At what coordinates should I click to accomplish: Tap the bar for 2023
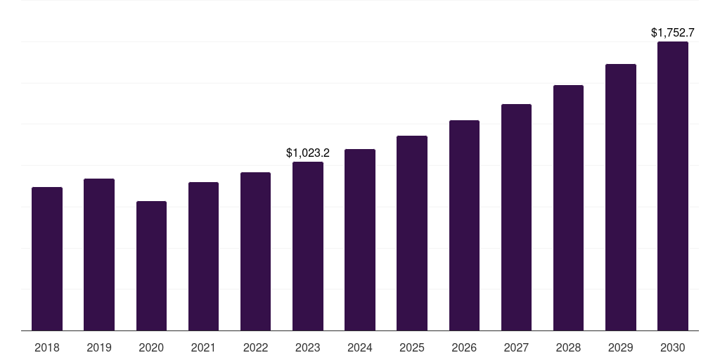308,246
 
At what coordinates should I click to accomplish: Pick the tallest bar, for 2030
673,186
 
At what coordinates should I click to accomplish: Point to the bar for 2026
464,225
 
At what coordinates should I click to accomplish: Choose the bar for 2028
568,207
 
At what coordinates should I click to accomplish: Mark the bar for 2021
203,256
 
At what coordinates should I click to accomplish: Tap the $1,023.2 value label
308,153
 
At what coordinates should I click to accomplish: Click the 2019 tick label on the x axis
99,347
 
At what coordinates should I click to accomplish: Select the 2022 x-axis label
255,347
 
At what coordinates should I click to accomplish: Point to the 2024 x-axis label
360,347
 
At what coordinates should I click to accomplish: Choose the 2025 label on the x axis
412,347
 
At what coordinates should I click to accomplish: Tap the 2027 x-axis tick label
516,347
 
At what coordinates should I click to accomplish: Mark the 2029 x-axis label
620,347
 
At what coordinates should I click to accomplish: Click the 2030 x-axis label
673,347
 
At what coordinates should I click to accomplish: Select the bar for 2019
99,255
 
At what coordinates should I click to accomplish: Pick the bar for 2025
412,233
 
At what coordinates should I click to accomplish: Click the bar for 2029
620,197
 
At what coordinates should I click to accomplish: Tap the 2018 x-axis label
47,347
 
